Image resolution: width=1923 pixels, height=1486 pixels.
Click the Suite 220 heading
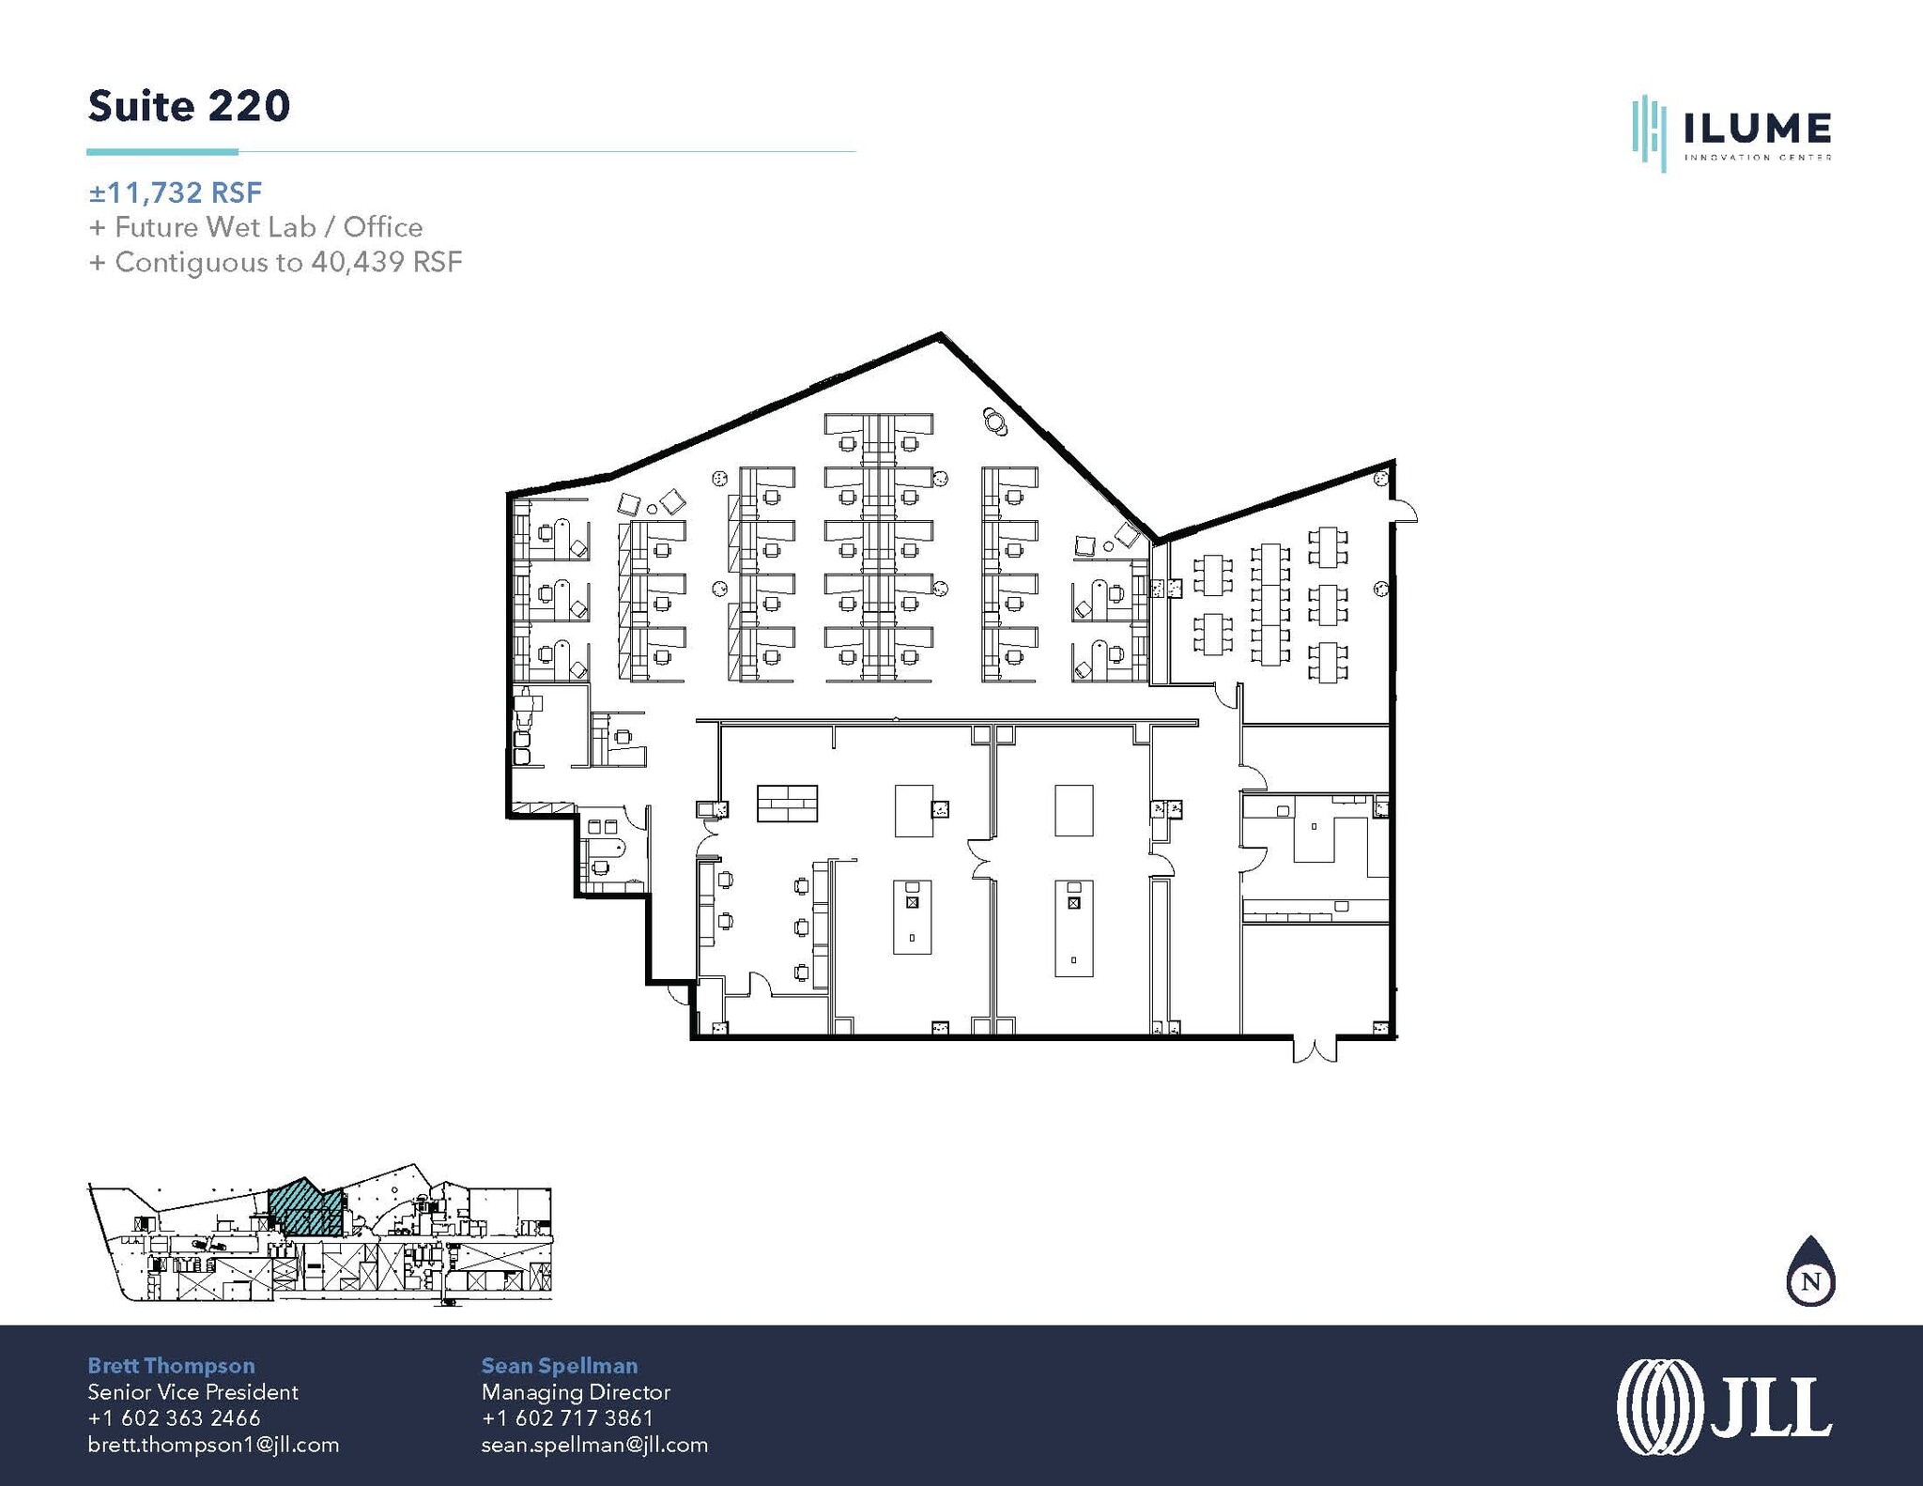point(189,106)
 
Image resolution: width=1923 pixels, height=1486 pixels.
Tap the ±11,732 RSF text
point(175,192)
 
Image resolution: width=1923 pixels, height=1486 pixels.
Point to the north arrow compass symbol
point(1810,1274)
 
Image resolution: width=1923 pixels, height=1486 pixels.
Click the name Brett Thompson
point(171,1366)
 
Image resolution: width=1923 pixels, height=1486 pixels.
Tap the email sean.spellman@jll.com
point(594,1445)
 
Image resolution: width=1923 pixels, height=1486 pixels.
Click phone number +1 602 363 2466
point(174,1418)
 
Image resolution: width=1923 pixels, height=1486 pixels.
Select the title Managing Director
point(576,1392)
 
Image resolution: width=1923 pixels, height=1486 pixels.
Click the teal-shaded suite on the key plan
point(302,1209)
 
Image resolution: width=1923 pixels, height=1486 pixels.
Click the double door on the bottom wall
point(1315,1049)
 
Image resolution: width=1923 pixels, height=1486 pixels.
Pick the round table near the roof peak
point(994,421)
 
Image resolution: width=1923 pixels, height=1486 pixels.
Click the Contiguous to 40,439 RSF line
point(275,262)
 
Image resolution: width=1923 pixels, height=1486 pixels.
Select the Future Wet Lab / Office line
point(254,227)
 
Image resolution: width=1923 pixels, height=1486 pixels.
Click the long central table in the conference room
point(1269,604)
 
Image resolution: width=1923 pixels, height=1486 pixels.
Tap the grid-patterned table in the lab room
point(787,804)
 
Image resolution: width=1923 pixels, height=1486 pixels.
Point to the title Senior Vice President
point(192,1392)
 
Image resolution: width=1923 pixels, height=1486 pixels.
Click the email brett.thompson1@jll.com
point(213,1445)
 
